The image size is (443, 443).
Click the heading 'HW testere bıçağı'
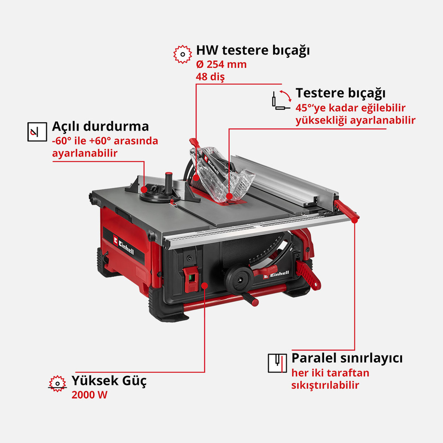(253, 50)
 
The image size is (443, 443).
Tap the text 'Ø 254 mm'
(221, 64)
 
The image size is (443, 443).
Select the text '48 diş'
(210, 76)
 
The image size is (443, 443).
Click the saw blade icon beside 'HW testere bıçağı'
(182, 54)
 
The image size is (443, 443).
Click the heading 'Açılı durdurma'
(100, 126)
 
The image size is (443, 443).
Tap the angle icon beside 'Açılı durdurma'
(37, 132)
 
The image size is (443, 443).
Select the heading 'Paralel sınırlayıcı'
(347, 358)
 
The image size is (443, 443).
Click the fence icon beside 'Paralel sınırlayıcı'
(277, 363)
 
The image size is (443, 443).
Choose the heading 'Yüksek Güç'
(109, 380)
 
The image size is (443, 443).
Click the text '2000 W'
(90, 395)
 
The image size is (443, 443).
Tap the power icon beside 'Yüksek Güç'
(57, 383)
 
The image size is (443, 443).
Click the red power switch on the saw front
(191, 279)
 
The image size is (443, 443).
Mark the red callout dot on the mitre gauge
(144, 189)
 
